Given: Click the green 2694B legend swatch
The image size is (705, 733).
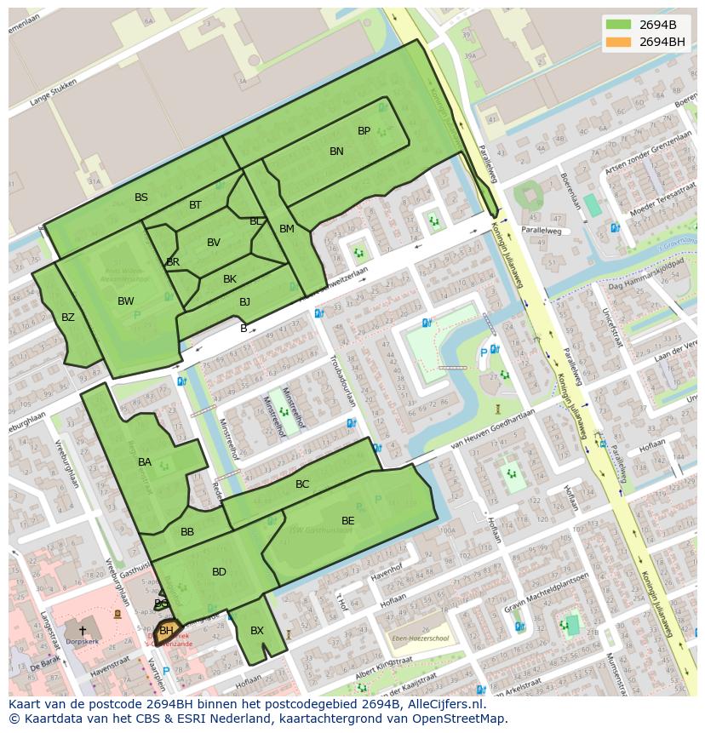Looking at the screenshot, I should tap(619, 24).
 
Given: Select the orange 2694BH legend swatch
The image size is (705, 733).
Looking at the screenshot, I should tap(619, 42).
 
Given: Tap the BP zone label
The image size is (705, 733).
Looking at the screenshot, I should tap(364, 131).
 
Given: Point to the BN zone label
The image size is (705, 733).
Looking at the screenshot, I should tap(336, 152).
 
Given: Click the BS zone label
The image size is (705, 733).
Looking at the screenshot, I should tap(141, 198).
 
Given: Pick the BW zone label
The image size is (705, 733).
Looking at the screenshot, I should tap(126, 301).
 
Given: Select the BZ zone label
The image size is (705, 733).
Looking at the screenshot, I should tap(68, 318).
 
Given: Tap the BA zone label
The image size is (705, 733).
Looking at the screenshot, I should tap(145, 462).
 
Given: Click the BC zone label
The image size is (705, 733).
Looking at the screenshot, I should tap(302, 484).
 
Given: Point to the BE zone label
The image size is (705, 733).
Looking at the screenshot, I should tap(348, 521).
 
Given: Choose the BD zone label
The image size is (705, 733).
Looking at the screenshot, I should tap(219, 572).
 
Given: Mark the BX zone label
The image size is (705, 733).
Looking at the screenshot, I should tap(257, 631).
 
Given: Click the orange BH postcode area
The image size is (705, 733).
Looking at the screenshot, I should tap(168, 631).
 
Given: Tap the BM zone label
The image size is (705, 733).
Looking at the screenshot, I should tap(287, 229).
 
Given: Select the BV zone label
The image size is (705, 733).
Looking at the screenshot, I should tap(214, 243).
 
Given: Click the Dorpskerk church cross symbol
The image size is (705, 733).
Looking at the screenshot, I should tap(83, 631).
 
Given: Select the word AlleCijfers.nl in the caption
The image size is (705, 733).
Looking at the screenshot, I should tap(444, 705).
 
